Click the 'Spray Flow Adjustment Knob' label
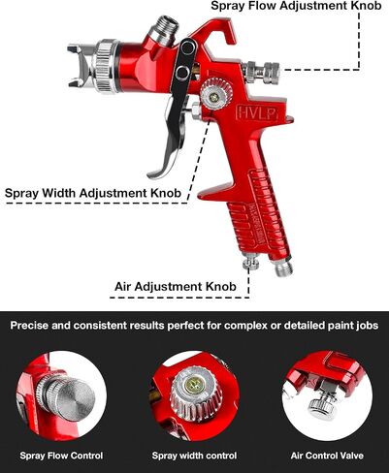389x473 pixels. click(296, 6)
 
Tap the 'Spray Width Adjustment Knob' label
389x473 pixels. click(93, 193)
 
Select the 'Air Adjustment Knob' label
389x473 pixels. click(176, 286)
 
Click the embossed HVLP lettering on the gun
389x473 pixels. click(257, 112)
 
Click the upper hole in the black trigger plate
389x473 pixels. click(187, 48)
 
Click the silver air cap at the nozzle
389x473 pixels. click(80, 66)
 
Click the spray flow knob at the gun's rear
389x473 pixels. click(262, 73)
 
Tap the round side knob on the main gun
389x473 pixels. click(216, 94)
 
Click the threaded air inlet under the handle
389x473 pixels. click(282, 267)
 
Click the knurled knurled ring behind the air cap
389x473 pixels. click(107, 66)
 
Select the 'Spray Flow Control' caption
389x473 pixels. click(61, 456)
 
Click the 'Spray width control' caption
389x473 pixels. click(194, 456)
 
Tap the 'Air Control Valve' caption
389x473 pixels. click(327, 456)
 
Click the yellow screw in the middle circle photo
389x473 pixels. click(193, 385)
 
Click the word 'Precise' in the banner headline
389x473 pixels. click(29, 325)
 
